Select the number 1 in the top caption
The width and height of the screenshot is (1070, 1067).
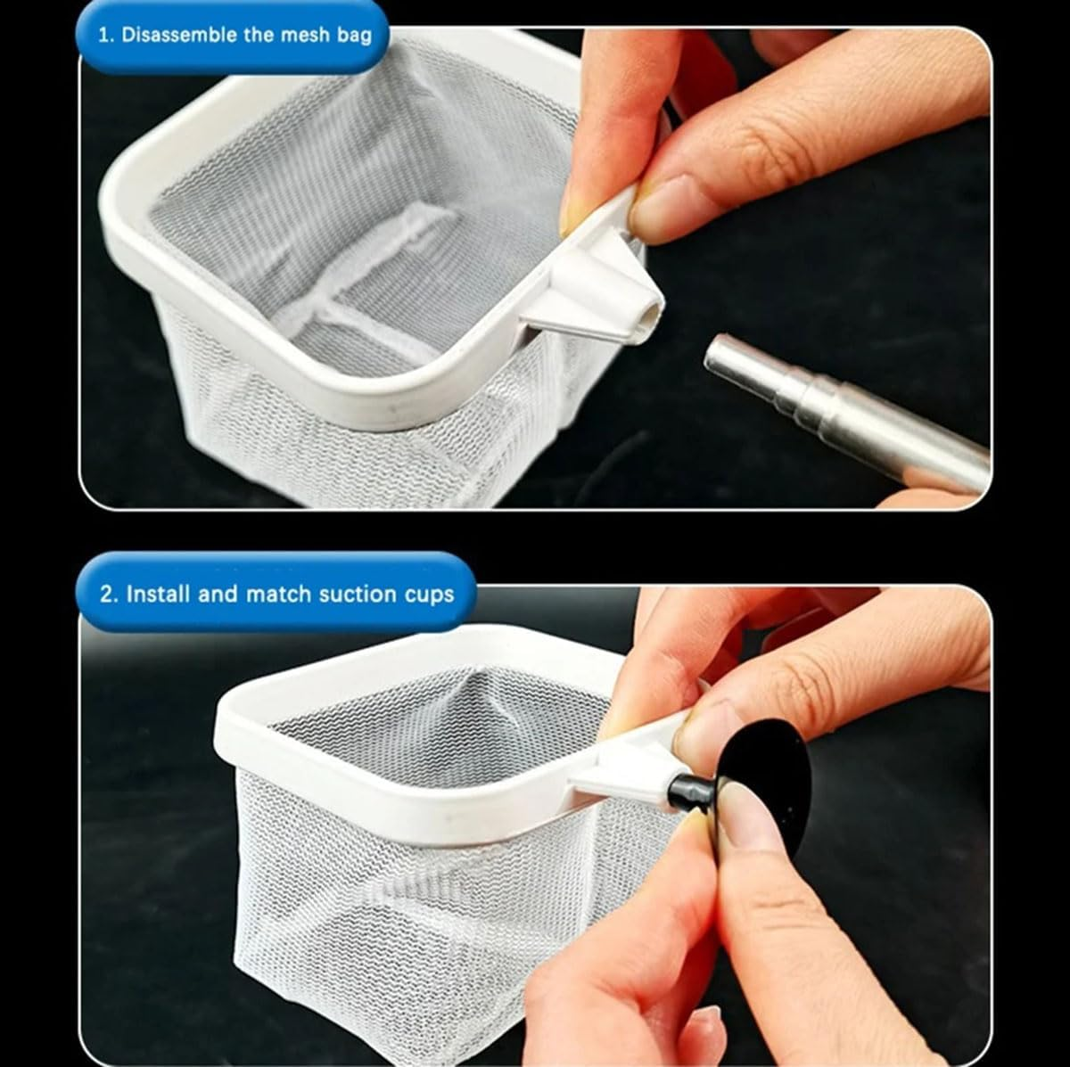[x=103, y=35]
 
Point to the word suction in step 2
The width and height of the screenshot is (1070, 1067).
[x=351, y=595]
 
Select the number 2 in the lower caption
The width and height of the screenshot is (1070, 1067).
[x=108, y=595]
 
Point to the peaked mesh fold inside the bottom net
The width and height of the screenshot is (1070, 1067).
[x=472, y=694]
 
